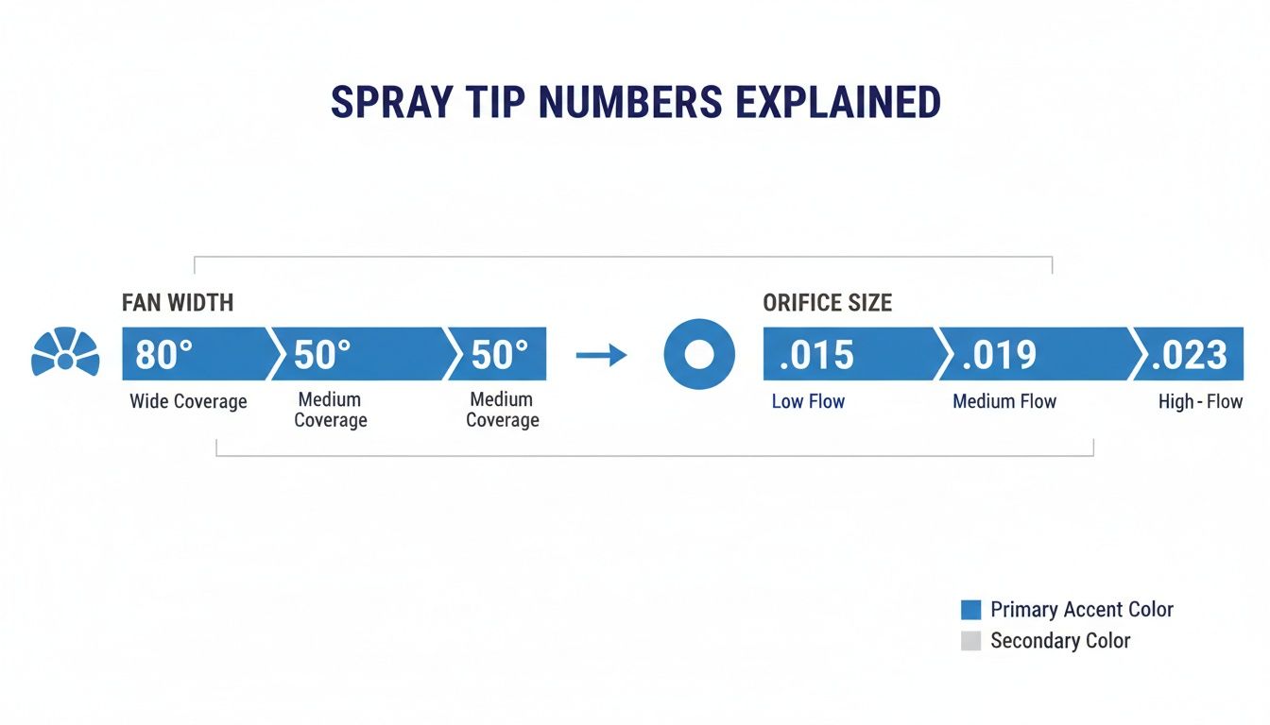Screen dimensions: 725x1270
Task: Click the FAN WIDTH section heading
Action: tap(178, 303)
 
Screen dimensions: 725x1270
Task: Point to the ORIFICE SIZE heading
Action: tap(827, 303)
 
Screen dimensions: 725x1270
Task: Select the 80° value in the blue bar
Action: tap(164, 355)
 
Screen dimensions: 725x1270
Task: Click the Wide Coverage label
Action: tap(188, 401)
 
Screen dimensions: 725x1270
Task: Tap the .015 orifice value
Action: tap(815, 355)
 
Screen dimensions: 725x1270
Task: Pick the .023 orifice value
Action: tap(1189, 355)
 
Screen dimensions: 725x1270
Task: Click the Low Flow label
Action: tap(808, 401)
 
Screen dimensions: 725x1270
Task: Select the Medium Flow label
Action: tap(1004, 401)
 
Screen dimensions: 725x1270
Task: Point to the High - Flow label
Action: tap(1200, 401)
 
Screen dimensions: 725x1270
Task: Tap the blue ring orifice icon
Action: tap(699, 355)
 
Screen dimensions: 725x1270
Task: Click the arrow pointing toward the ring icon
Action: tap(602, 355)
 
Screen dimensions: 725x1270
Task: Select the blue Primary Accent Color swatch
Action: tap(970, 609)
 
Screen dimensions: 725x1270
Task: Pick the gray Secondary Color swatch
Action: tap(970, 641)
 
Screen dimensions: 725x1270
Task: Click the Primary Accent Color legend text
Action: tap(1082, 609)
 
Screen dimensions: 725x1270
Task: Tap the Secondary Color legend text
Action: tap(1060, 641)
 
